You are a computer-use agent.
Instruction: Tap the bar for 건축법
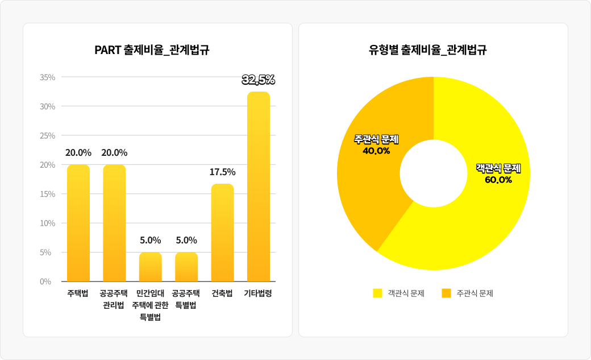[x=222, y=233]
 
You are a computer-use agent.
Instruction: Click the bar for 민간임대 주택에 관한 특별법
[x=151, y=267]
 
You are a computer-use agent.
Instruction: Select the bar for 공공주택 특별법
[x=186, y=267]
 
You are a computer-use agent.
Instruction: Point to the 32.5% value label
[x=259, y=80]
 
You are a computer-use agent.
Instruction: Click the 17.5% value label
[x=222, y=172]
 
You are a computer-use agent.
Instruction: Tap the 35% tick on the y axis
[x=48, y=77]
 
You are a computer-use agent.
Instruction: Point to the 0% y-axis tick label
[x=45, y=282]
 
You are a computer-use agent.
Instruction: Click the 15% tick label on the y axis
[x=48, y=194]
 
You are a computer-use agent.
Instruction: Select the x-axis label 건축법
[x=222, y=294]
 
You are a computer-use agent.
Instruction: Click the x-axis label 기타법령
[x=258, y=294]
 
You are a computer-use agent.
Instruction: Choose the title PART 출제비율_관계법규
[x=152, y=50]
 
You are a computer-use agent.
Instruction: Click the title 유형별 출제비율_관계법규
[x=427, y=50]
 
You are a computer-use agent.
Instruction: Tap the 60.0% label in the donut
[x=498, y=180]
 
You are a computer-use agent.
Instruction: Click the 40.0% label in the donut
[x=376, y=151]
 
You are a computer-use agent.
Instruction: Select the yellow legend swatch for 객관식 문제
[x=377, y=293]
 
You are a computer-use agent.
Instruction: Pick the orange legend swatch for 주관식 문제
[x=446, y=293]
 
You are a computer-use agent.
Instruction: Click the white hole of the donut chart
[x=434, y=173]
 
